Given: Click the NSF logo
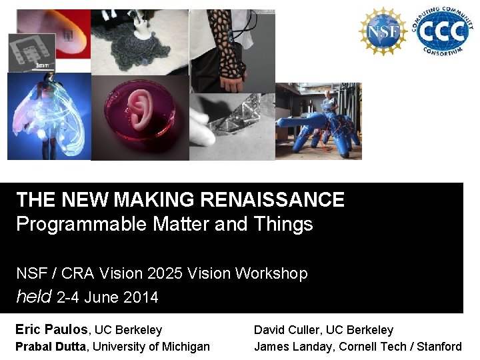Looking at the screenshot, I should point(383,31).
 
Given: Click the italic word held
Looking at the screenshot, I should point(33,297).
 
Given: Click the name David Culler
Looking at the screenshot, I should point(287,329).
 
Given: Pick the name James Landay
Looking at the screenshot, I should point(294,346).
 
